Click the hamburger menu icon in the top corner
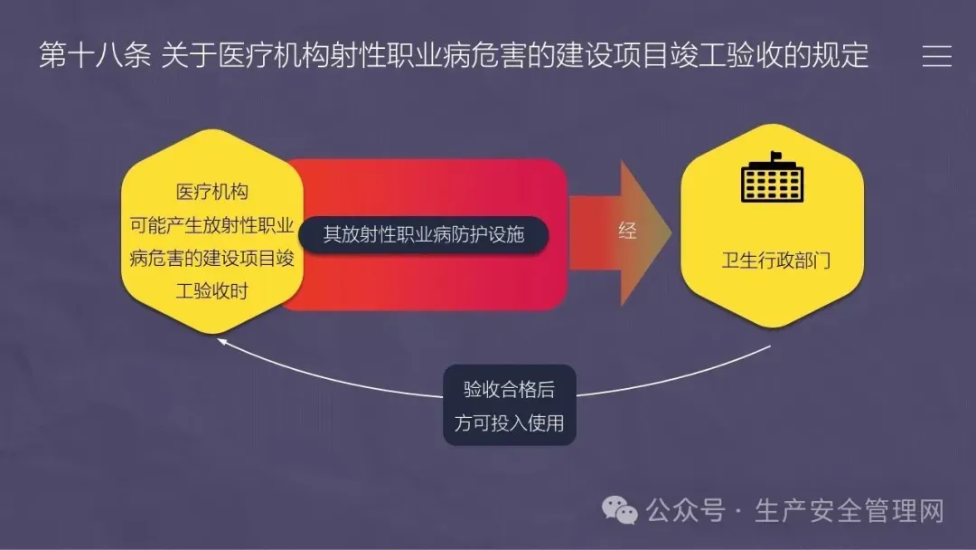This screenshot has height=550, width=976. [x=937, y=56]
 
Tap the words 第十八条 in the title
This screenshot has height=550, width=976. [x=95, y=55]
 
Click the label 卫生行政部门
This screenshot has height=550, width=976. [x=775, y=260]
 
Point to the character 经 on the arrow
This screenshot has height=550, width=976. [x=627, y=231]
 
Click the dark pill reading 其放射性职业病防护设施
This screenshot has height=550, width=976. [x=423, y=235]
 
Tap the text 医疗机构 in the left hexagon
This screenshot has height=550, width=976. [x=211, y=191]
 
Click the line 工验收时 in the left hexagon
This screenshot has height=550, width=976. [x=211, y=291]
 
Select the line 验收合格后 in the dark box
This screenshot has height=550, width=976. [x=509, y=389]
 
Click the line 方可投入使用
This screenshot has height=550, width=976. [x=509, y=423]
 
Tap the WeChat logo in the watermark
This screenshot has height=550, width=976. [x=619, y=511]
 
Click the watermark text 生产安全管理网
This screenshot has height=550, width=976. [x=849, y=511]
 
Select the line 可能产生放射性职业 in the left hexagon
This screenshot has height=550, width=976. [x=211, y=225]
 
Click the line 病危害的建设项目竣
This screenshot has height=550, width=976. [x=211, y=258]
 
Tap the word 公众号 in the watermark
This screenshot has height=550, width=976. [x=685, y=511]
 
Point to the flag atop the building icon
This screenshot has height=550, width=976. [x=775, y=156]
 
